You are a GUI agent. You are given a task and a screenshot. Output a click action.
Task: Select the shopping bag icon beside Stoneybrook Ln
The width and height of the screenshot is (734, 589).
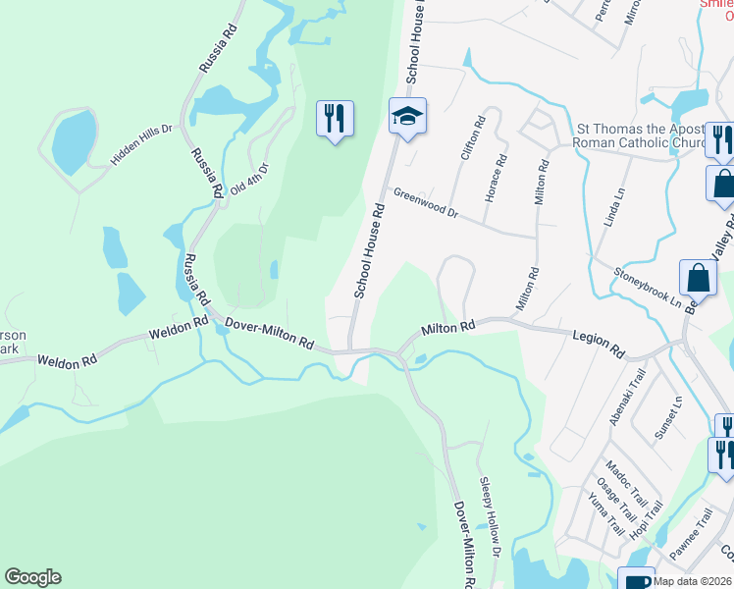pos(698,279)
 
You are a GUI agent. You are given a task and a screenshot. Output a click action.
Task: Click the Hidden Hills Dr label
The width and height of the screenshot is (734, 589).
pos(141,144)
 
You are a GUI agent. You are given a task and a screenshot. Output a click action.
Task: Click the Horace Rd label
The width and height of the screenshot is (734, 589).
pos(495,178)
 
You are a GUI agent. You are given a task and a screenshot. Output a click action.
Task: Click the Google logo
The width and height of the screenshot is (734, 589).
pos(32,577)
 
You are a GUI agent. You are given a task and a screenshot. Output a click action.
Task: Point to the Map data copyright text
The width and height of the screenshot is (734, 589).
pos(692,580)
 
